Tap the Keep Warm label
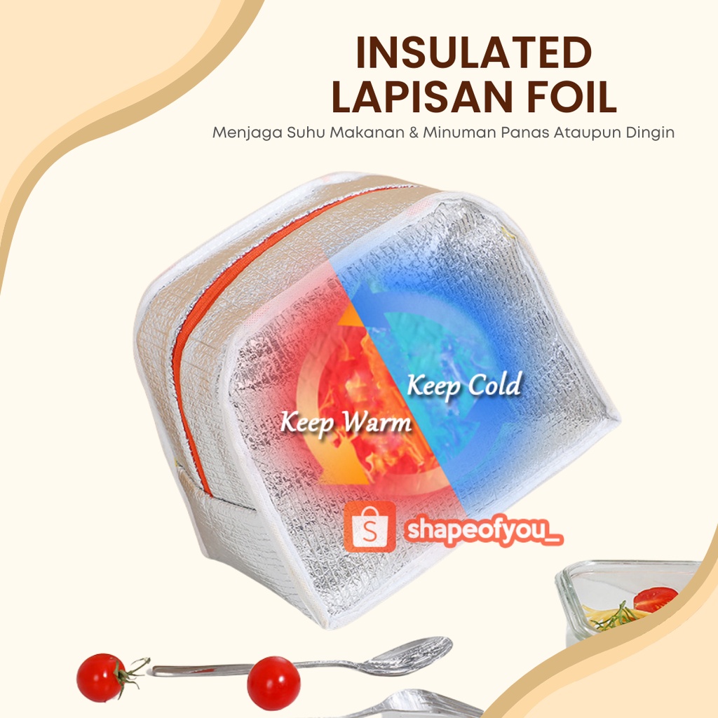345,423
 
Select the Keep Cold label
464,385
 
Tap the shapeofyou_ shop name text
484,531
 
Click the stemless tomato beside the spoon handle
273,683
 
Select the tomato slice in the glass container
655,599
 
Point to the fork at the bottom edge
421,705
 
